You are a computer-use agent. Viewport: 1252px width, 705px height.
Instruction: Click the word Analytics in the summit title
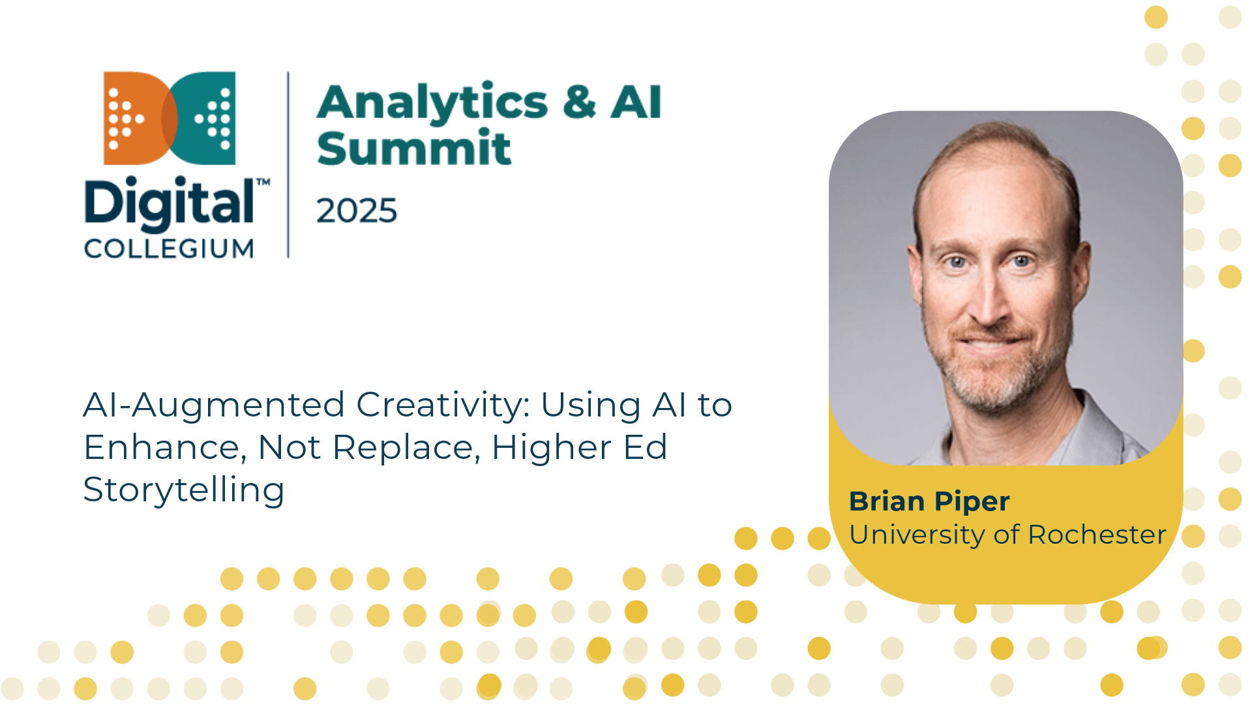[432, 102]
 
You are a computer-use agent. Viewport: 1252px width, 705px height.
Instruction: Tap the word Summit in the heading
[414, 148]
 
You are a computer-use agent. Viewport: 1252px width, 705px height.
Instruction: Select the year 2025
[357, 211]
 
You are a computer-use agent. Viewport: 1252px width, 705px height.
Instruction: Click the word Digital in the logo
[169, 203]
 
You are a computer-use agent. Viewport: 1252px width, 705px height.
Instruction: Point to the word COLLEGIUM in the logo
[169, 249]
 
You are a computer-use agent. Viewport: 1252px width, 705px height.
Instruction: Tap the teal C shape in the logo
[199, 118]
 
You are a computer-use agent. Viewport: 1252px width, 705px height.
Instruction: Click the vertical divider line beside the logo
[288, 165]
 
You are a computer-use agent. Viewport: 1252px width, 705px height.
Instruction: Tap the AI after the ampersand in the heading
[636, 102]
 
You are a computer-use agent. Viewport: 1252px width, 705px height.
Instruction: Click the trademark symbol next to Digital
[263, 182]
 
